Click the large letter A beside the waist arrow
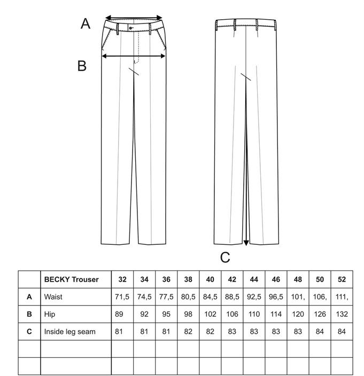pyautogui.click(x=86, y=24)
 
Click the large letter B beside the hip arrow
pyautogui.click(x=82, y=66)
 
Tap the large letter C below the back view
pyautogui.click(x=225, y=258)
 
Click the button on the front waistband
pyautogui.click(x=130, y=28)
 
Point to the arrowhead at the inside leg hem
pyautogui.click(x=246, y=243)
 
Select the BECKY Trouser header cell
pyautogui.click(x=72, y=279)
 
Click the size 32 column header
pyautogui.click(x=122, y=279)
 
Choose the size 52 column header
pyautogui.click(x=342, y=279)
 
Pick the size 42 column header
pyautogui.click(x=232, y=279)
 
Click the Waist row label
pyautogui.click(x=53, y=297)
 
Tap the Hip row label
pyautogui.click(x=50, y=314)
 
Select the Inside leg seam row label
pyautogui.click(x=69, y=332)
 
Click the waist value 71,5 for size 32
pyautogui.click(x=122, y=297)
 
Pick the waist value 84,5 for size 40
pyautogui.click(x=210, y=297)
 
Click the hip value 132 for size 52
pyautogui.click(x=342, y=314)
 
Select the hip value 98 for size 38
pyautogui.click(x=188, y=314)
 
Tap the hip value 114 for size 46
pyautogui.click(x=276, y=314)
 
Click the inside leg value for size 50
pyautogui.click(x=320, y=332)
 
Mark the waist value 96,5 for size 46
pyautogui.click(x=276, y=297)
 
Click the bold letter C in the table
pyautogui.click(x=29, y=332)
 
